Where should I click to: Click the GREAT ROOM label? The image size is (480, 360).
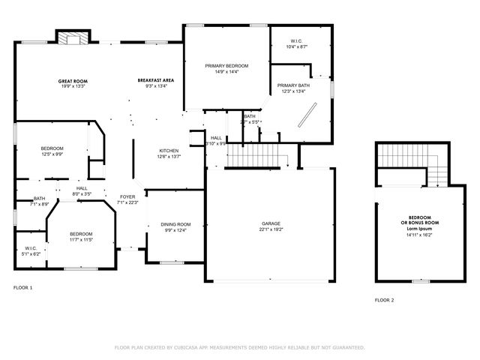[73, 80]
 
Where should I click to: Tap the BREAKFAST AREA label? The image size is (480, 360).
[156, 80]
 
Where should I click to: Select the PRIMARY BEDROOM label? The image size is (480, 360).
[226, 66]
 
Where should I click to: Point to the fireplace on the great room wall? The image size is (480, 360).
[74, 37]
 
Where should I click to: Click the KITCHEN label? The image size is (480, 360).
[167, 151]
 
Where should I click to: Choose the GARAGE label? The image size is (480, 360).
[271, 223]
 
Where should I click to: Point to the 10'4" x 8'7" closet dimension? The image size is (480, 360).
[298, 46]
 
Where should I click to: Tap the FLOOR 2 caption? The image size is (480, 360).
[384, 300]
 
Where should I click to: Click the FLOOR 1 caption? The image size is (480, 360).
[23, 287]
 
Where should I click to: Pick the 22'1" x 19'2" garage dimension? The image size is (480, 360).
[271, 229]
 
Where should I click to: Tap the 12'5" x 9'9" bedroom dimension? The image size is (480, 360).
[52, 154]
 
